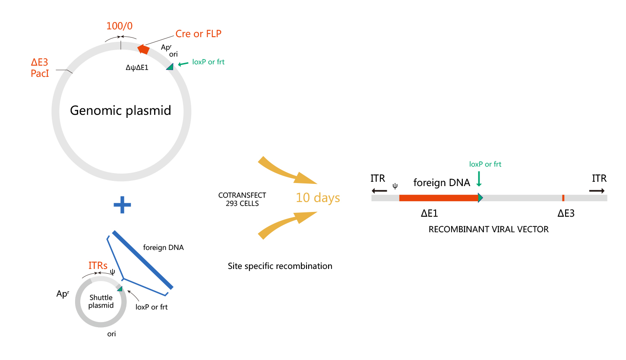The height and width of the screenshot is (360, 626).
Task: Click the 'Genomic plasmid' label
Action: [x=120, y=111]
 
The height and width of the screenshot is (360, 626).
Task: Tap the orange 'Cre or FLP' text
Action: [x=198, y=34]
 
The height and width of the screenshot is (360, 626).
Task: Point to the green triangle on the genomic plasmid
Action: [x=170, y=66]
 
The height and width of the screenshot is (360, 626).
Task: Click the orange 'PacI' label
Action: [x=40, y=73]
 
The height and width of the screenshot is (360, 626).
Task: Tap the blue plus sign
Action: [x=122, y=205]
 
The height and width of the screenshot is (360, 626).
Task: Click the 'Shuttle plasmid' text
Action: [x=101, y=301]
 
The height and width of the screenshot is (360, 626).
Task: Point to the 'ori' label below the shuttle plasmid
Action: [x=111, y=334]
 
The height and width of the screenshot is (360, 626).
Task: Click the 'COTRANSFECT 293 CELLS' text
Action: [x=242, y=199]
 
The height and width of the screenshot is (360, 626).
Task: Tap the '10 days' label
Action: [x=318, y=198]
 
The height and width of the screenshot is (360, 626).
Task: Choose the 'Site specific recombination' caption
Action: [x=280, y=266]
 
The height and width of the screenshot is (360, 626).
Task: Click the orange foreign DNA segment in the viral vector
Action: [x=438, y=198]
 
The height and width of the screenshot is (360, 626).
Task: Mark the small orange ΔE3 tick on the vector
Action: [x=563, y=198]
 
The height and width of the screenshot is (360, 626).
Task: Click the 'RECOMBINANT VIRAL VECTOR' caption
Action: [x=488, y=229]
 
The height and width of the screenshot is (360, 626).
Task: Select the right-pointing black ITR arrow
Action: [x=598, y=190]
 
